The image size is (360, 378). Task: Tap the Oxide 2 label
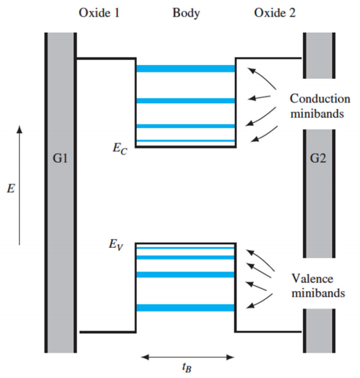[275, 13]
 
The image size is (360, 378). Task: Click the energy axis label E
[10, 189]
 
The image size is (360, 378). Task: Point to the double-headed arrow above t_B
[186, 357]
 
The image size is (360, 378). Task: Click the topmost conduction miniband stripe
[185, 69]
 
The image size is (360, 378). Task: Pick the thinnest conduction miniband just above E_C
[185, 140]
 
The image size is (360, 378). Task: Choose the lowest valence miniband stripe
[185, 308]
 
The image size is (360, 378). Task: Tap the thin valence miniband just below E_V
[185, 249]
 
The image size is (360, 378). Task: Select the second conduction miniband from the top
[185, 100]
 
